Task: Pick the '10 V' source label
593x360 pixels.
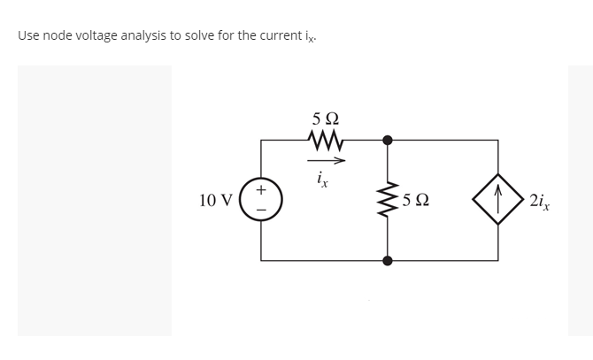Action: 216,201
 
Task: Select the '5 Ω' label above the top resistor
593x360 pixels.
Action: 325,119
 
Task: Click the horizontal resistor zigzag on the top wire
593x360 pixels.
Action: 325,139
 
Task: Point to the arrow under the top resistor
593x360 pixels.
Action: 325,160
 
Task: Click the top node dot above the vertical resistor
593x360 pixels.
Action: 387,140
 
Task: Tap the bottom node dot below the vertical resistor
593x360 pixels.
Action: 387,261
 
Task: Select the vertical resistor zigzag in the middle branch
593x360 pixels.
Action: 387,201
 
